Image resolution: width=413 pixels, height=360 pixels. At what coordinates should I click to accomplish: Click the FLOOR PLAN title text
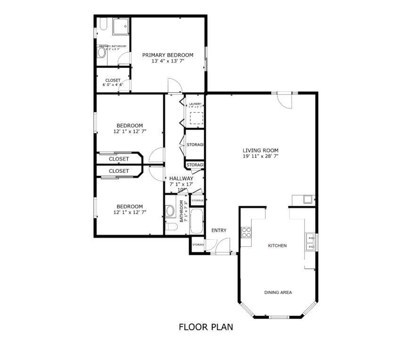206,327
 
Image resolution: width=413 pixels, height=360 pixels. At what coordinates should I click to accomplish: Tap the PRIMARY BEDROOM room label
167,55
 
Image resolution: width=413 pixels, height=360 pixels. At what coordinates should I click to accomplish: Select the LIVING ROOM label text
260,151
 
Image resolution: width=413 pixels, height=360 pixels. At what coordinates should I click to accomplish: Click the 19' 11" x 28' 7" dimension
260,156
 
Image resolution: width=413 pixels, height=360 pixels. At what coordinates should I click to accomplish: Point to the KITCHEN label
277,246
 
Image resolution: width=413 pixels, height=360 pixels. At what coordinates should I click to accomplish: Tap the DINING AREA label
277,293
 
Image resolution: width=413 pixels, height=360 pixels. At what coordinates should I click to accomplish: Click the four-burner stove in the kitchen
246,232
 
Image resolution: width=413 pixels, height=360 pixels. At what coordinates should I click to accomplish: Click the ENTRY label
219,231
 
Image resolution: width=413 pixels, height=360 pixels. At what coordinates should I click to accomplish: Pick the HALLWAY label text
181,178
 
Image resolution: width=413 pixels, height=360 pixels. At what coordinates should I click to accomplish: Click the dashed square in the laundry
196,117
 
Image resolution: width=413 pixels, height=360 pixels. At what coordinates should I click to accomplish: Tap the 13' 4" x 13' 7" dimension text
167,61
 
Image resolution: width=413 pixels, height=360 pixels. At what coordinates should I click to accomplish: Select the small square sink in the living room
307,199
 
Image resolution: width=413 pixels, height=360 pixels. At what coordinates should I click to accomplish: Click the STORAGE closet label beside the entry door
198,244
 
